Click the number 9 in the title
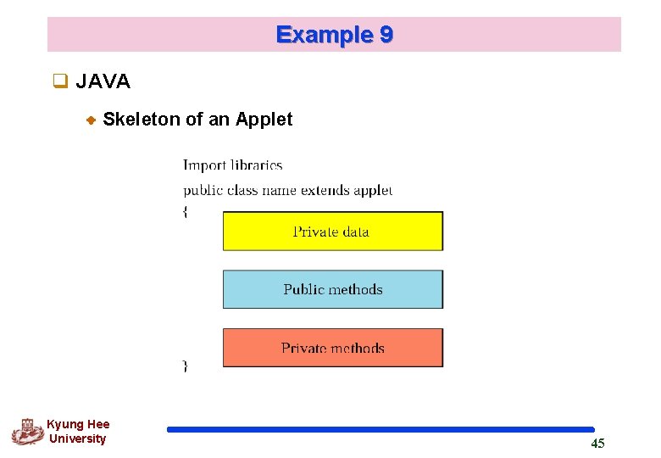(x=386, y=35)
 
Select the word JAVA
(x=103, y=82)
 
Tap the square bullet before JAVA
(x=60, y=82)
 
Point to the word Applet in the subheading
(x=264, y=120)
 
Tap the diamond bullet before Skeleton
(x=92, y=120)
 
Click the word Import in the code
(x=204, y=165)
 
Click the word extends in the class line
(x=326, y=190)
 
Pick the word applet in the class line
(x=374, y=190)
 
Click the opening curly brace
(x=186, y=212)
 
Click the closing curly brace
(x=186, y=366)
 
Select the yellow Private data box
(x=332, y=232)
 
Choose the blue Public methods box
(x=332, y=289)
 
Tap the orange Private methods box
(x=332, y=348)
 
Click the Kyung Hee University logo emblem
(x=27, y=432)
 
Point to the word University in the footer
(x=78, y=439)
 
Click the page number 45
(x=597, y=444)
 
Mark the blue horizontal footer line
(x=380, y=429)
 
